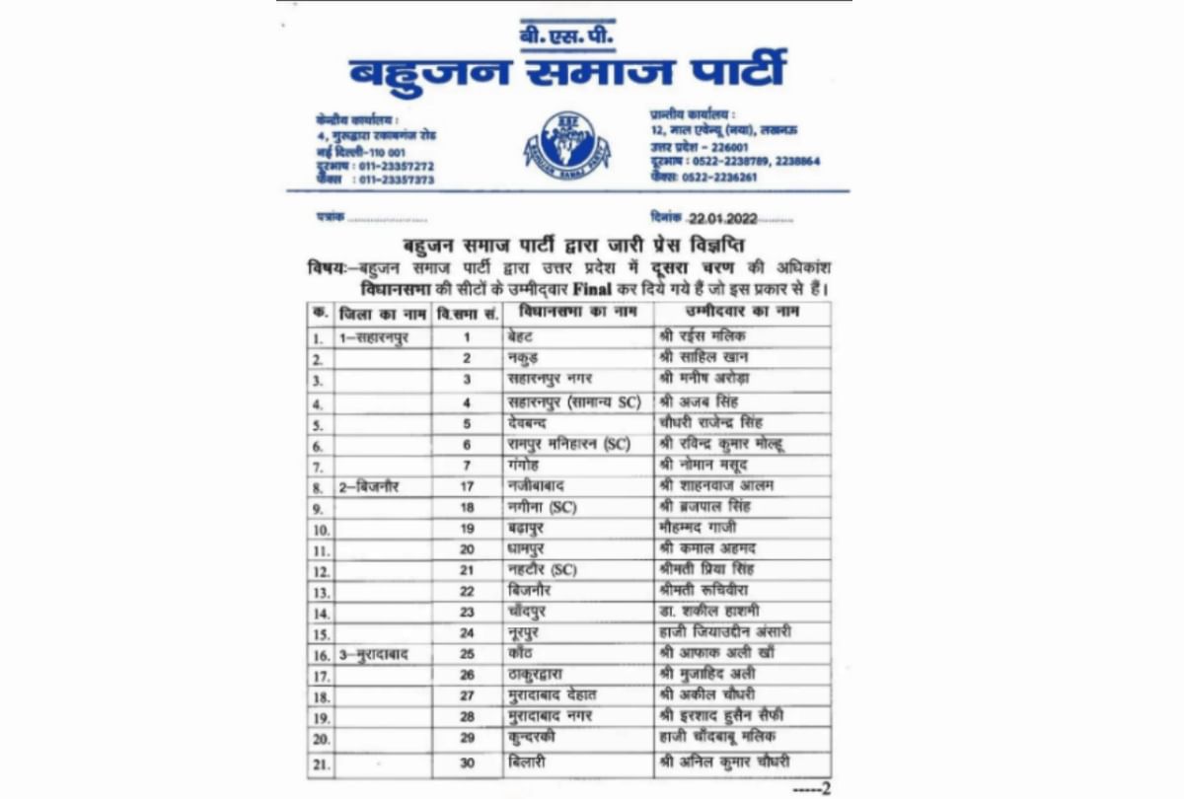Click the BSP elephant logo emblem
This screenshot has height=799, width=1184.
coord(566,145)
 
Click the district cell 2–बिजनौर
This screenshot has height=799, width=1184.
coord(369,486)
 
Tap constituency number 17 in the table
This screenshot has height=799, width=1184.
coord(467,486)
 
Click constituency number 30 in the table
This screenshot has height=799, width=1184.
coord(468,762)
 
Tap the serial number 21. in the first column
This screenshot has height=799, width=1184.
coord(320,763)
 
